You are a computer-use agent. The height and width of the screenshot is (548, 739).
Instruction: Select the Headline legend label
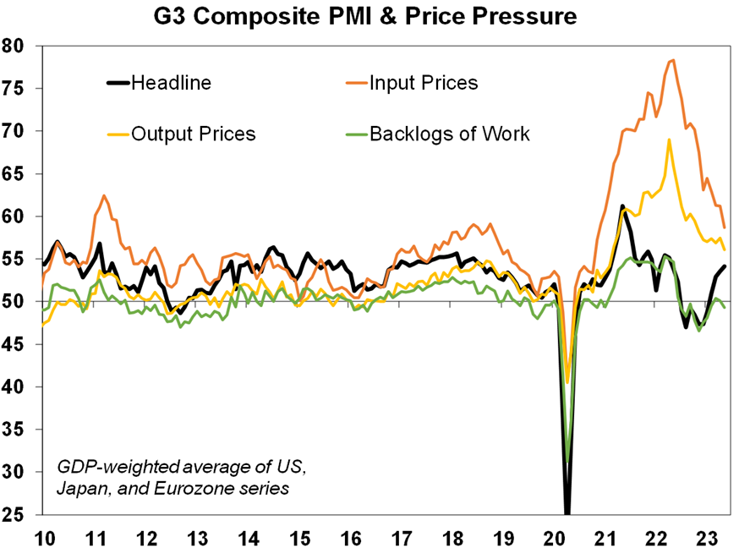[172, 83]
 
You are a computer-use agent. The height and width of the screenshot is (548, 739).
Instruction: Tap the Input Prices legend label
[424, 83]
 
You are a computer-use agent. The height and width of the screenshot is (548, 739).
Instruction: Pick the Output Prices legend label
[193, 134]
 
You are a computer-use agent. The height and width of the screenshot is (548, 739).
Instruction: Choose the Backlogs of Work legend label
[449, 134]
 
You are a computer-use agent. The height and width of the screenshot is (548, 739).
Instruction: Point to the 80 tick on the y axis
[14, 46]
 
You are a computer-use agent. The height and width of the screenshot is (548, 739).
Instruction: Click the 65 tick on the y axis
[14, 173]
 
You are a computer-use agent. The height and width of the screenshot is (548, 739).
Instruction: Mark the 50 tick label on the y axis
[14, 302]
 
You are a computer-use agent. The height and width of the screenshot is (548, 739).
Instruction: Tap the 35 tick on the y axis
[14, 430]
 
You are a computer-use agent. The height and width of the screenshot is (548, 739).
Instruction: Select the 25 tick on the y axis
[14, 514]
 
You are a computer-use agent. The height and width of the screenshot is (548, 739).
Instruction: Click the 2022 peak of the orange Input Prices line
[672, 60]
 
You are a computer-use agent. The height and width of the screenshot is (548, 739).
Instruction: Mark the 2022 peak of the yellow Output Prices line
[669, 140]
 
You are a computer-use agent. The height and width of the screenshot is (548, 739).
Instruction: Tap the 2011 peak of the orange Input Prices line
[104, 195]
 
